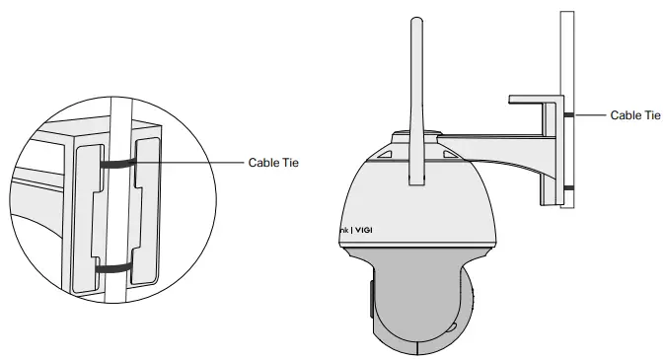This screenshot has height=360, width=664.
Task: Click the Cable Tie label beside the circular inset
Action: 272,163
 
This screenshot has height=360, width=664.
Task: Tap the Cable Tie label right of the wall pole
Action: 634,115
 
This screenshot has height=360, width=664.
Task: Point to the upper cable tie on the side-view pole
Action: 570,115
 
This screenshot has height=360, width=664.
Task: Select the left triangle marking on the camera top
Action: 386,155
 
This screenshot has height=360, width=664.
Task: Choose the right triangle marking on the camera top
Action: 449,155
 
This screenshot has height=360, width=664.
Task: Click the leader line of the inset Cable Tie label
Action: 197,163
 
